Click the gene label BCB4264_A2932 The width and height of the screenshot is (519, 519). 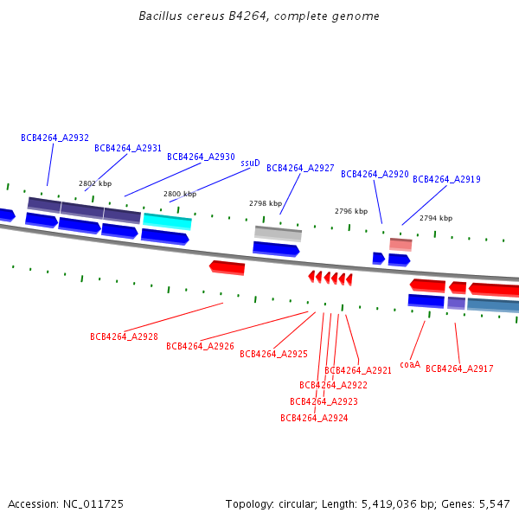(x=55, y=138)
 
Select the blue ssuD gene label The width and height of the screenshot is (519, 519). (x=250, y=163)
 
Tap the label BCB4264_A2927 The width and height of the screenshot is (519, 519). (x=300, y=168)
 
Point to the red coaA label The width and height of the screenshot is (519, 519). (x=410, y=364)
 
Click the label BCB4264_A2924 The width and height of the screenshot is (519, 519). (x=314, y=418)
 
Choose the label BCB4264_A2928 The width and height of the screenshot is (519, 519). (x=124, y=336)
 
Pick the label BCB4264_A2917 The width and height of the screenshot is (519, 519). (x=459, y=368)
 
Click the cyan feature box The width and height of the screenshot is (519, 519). (x=167, y=221)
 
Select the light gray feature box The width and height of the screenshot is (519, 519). (x=278, y=234)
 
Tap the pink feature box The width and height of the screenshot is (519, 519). (x=400, y=244)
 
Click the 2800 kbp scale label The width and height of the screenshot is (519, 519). (x=180, y=194)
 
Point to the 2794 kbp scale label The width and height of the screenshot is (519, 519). (x=436, y=218)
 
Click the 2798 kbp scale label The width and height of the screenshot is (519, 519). (x=266, y=203)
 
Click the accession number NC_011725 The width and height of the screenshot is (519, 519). (x=93, y=504)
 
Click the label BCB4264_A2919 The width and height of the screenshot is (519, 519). (x=446, y=179)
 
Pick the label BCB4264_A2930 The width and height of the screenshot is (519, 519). (x=201, y=157)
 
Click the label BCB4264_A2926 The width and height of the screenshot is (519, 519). (x=200, y=346)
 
